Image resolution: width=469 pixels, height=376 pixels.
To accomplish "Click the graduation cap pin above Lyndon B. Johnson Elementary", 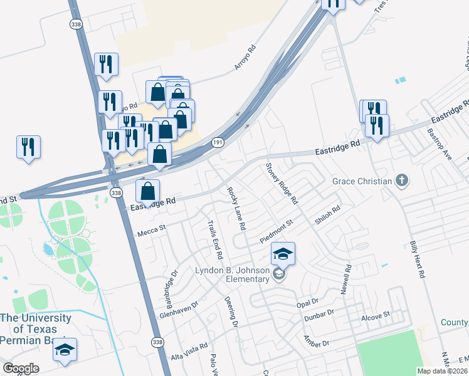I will click(x=283, y=254).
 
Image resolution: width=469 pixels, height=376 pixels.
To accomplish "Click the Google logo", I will click(x=21, y=368).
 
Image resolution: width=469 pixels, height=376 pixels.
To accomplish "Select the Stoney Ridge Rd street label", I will click(x=281, y=184).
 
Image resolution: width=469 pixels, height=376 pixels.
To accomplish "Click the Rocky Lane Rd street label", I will click(x=236, y=207).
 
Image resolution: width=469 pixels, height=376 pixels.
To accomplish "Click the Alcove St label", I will click(x=376, y=318).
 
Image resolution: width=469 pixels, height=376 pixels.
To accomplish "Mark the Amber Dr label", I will click(x=316, y=342).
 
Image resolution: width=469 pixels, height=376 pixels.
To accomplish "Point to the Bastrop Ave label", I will click(x=439, y=145).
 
